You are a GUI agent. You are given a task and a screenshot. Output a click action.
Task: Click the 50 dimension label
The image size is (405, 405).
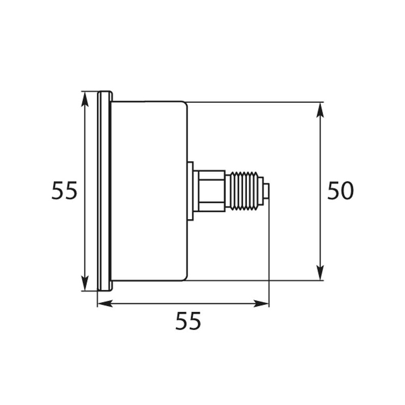pyautogui.click(x=340, y=191)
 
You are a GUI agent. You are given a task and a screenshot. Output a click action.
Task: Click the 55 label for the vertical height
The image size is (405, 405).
pyautogui.click(x=64, y=191)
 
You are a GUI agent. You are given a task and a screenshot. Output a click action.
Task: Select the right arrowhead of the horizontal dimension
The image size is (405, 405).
pyautogui.click(x=261, y=303)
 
